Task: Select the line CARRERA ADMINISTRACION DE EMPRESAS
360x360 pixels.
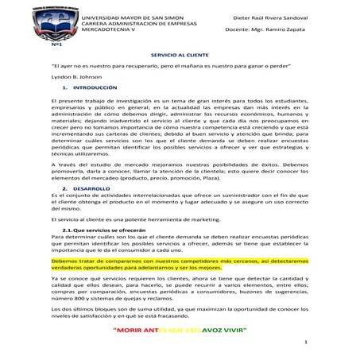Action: point(132,23)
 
